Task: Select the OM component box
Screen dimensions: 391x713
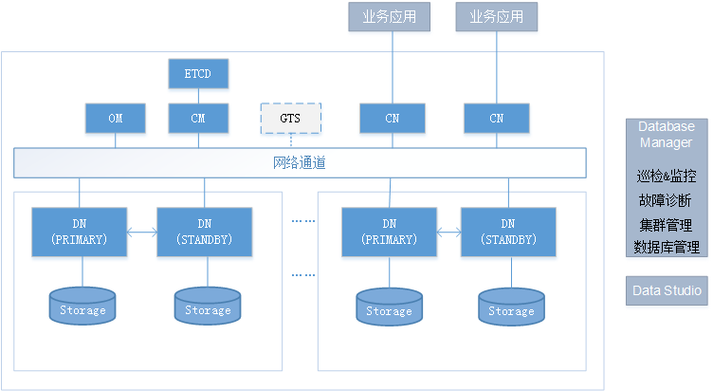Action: [x=116, y=119]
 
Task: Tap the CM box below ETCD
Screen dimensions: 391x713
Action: [x=199, y=119]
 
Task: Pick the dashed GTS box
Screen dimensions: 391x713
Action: [x=291, y=119]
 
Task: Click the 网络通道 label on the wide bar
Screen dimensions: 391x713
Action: [x=300, y=163]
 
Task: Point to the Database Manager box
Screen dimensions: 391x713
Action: [x=666, y=135]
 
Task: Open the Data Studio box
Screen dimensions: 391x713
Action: [x=667, y=290]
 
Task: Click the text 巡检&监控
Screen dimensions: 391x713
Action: [x=666, y=177]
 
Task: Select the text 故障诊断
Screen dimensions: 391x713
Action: [x=666, y=201]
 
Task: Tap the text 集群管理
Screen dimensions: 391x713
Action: [x=666, y=225]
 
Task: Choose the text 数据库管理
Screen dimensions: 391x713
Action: [x=666, y=248]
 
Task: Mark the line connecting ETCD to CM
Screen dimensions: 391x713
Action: [x=199, y=95]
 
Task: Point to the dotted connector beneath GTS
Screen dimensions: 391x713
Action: [x=291, y=140]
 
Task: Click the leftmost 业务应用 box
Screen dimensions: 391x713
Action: [x=390, y=16]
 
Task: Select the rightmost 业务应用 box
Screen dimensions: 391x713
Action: [x=496, y=16]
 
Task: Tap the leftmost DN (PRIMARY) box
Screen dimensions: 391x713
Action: [x=80, y=232]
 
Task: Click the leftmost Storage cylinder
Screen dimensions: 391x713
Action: [x=82, y=305]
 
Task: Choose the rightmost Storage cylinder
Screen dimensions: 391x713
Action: [x=511, y=306]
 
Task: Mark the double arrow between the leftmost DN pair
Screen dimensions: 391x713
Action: [x=142, y=232]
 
